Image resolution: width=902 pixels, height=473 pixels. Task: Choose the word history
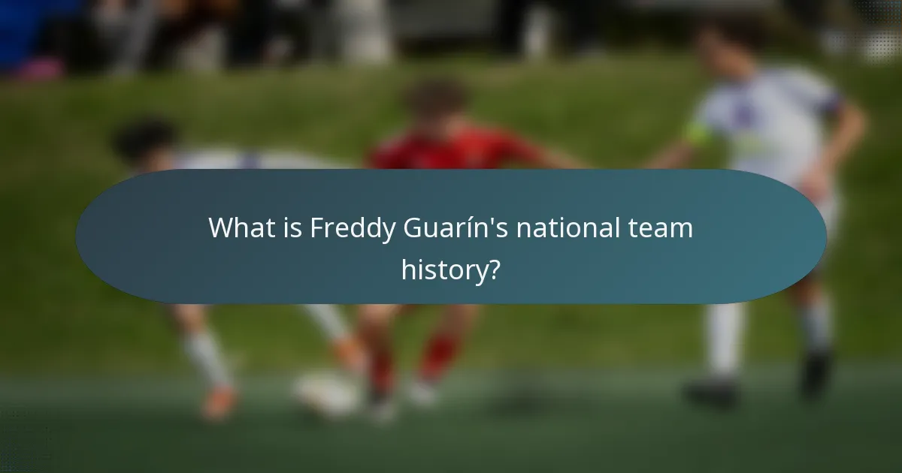[443, 269]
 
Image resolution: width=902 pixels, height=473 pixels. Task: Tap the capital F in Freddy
[317, 228]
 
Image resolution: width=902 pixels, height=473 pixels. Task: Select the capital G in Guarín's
[413, 228]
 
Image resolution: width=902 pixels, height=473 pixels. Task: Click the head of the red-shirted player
[436, 101]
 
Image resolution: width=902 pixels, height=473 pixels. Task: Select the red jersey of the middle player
[451, 150]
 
